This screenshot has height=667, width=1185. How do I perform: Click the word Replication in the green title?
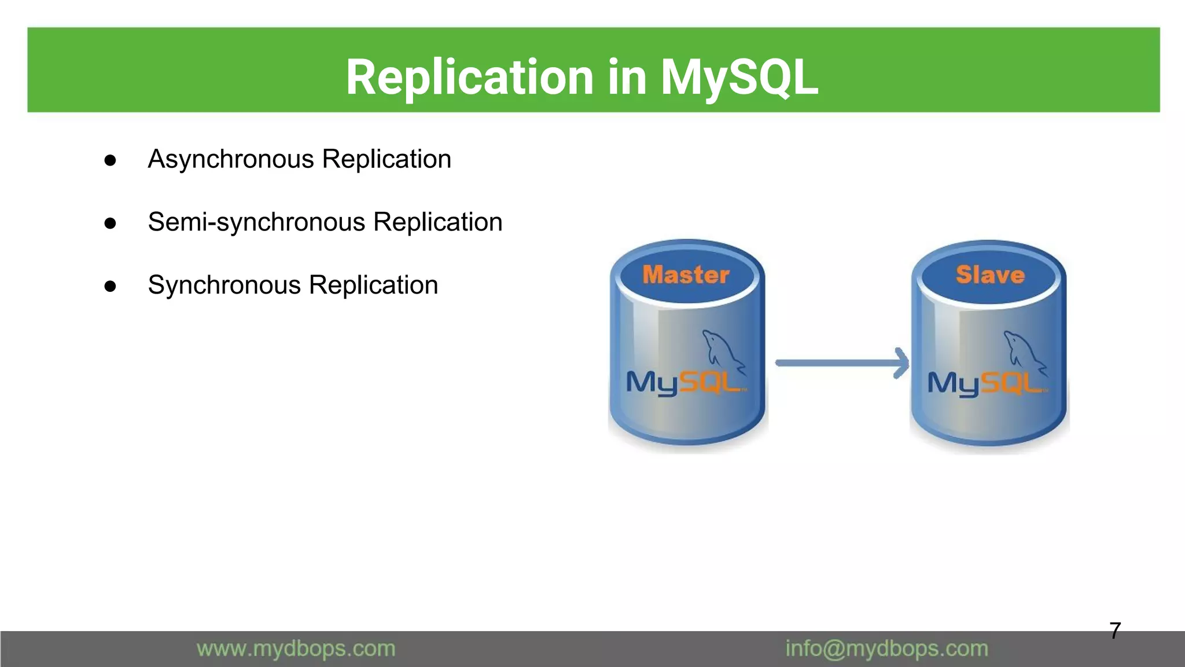point(470,78)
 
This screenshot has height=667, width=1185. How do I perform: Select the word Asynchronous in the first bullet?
point(231,160)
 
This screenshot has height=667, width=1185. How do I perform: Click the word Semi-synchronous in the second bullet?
point(256,222)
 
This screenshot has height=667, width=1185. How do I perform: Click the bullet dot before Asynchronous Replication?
point(110,160)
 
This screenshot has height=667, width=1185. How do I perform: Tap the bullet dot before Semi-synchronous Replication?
point(110,223)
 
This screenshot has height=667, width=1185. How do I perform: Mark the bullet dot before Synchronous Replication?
point(110,287)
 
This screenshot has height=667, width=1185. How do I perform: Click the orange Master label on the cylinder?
point(686,275)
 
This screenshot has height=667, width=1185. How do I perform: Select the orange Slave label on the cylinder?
point(990,275)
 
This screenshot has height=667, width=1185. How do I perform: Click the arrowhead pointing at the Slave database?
point(901,363)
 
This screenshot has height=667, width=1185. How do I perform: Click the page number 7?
point(1115,631)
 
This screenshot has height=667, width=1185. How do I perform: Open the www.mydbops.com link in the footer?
point(296,649)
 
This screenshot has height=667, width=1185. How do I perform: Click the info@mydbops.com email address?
point(886,649)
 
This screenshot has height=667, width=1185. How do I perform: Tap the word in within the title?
point(627,78)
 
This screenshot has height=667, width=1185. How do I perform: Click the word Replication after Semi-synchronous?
point(437,222)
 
